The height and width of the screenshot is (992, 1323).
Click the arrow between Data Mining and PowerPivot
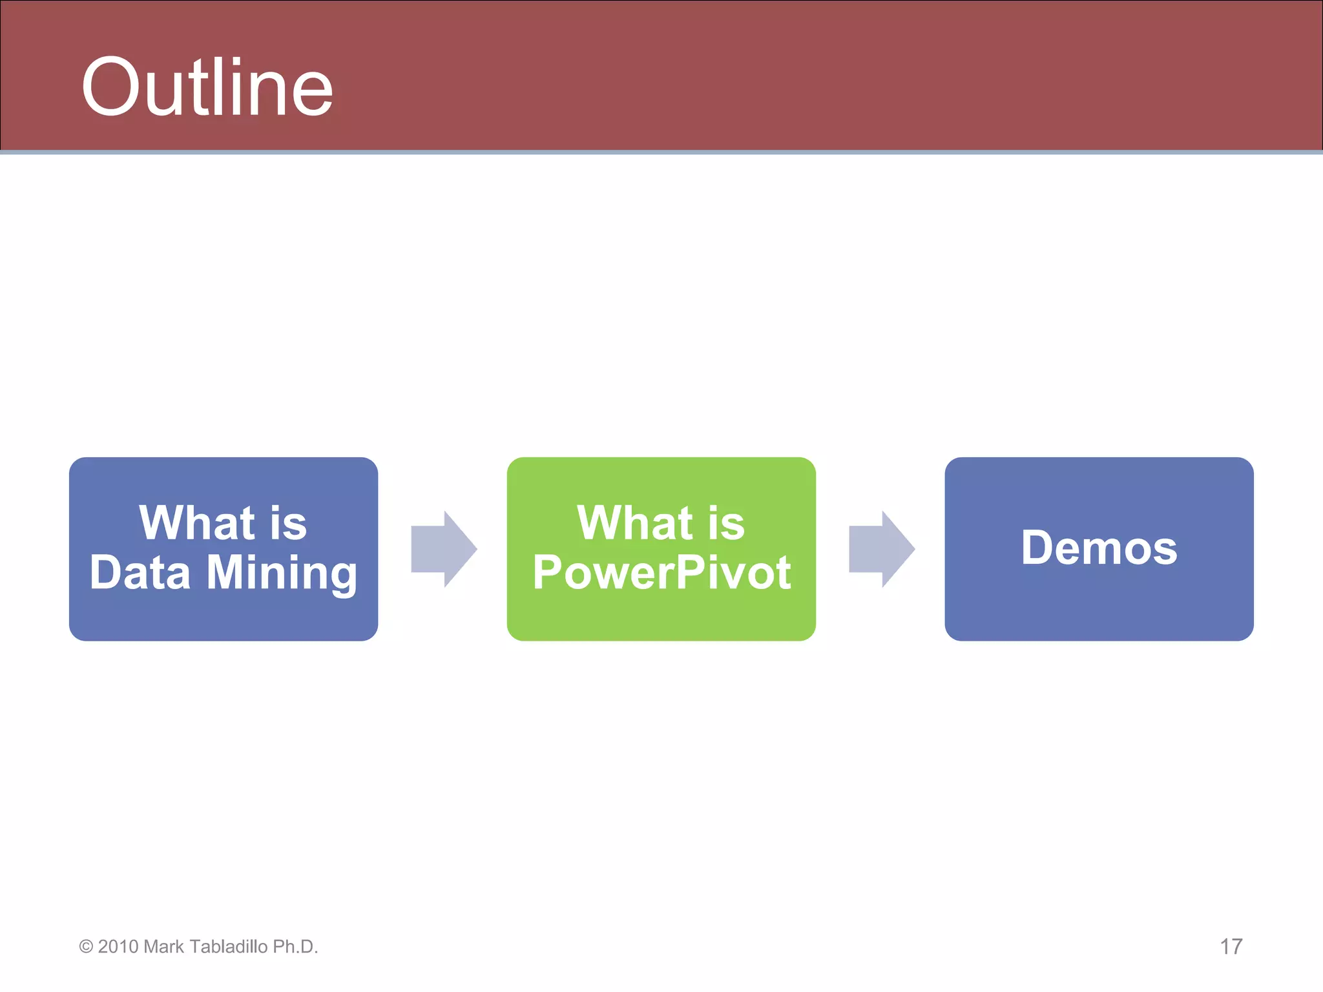(x=443, y=549)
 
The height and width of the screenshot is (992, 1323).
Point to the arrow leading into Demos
(x=881, y=549)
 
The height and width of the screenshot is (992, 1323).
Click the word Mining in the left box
(x=282, y=573)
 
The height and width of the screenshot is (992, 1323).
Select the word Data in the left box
(x=140, y=573)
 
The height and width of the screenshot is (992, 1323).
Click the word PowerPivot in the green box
(x=661, y=573)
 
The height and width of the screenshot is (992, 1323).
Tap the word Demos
(x=1099, y=548)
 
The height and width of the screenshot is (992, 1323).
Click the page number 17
(x=1231, y=947)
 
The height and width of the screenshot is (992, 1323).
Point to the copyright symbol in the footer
(x=86, y=947)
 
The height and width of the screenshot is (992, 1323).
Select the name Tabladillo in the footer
(x=229, y=947)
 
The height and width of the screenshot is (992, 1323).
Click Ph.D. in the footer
(x=295, y=947)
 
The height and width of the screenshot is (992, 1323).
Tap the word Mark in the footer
(x=164, y=947)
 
